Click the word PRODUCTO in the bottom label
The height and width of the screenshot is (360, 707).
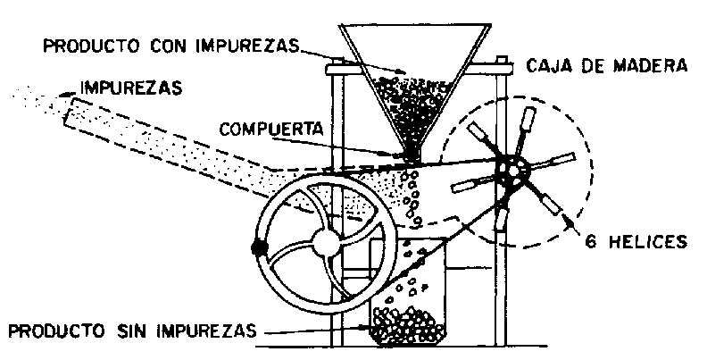tap(54, 331)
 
